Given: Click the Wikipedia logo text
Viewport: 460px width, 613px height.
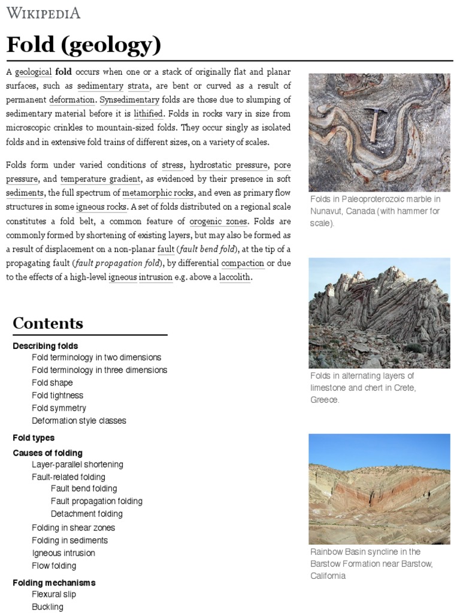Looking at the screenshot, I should [43, 13].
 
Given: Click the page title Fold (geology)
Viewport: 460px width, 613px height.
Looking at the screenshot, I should [83, 45].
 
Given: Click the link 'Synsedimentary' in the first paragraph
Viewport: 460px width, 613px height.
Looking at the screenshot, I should [129, 100].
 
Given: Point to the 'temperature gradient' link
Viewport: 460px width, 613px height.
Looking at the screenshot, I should [101, 179].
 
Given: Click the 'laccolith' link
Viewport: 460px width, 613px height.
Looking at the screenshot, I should [235, 278].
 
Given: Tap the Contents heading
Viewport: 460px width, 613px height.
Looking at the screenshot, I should [48, 324].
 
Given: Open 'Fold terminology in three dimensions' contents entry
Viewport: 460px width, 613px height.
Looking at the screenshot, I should [99, 370].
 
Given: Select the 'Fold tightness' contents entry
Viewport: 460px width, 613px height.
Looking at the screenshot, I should [57, 395].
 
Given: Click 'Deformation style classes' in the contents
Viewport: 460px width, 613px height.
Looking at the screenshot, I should [79, 421].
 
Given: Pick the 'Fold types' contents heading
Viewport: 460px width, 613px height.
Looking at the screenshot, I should [34, 438].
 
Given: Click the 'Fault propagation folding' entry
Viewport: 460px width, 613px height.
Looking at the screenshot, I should [96, 501].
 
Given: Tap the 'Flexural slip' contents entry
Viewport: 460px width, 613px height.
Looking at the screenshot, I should [54, 594].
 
